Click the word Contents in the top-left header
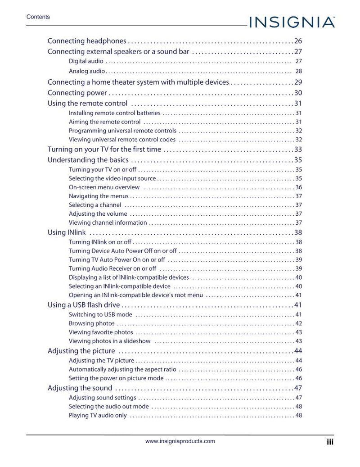pyautogui.click(x=38, y=17)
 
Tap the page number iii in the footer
pyautogui.click(x=330, y=442)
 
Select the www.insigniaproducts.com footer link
pyautogui.click(x=180, y=441)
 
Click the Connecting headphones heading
pyautogui.click(x=87, y=41)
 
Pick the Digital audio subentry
pyautogui.click(x=86, y=61)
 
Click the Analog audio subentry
pyautogui.click(x=87, y=71)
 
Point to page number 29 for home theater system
pyautogui.click(x=298, y=82)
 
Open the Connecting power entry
pyautogui.click(x=77, y=93)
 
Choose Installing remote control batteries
pyautogui.click(x=114, y=113)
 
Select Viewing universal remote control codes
pyautogui.click(x=122, y=140)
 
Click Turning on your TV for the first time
pyautogui.click(x=104, y=150)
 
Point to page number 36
pyautogui.click(x=298, y=187)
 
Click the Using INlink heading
pyautogui.click(x=67, y=233)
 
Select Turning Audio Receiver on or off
pyautogui.click(x=112, y=269)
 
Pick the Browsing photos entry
pyautogui.click(x=91, y=323)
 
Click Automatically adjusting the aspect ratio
pyautogui.click(x=122, y=369)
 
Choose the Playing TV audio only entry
pyautogui.click(x=98, y=415)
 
